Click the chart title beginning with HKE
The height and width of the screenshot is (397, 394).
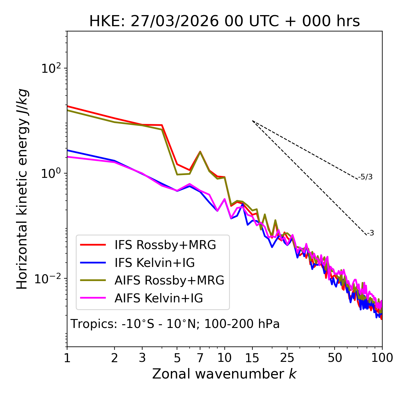[224, 22]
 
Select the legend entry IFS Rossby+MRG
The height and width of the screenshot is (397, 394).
[165, 245]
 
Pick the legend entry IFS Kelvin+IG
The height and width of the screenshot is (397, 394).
[155, 263]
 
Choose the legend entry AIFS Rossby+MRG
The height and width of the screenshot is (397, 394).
[169, 280]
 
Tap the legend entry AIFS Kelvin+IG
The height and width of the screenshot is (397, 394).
[159, 298]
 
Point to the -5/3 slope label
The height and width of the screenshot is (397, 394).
[365, 177]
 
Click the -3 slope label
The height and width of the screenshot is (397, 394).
[370, 233]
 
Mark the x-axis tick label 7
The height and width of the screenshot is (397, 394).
[200, 358]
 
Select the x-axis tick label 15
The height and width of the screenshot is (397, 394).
[252, 358]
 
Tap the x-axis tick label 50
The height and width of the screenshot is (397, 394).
[335, 358]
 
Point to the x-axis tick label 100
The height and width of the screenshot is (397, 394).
[382, 358]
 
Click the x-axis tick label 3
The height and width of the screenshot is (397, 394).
[142, 358]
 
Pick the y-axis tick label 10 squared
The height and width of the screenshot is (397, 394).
[50, 68]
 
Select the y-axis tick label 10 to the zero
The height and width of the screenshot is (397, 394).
[50, 174]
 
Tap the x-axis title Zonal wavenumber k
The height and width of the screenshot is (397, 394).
[224, 374]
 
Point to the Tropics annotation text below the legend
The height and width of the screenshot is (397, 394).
[175, 324]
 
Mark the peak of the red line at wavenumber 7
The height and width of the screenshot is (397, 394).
[200, 152]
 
